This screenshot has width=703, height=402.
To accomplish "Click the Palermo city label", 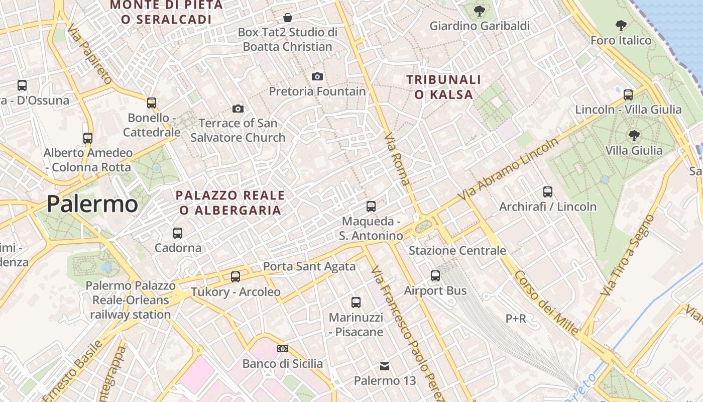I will [x=92, y=204].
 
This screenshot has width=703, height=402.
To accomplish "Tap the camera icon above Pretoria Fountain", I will [x=317, y=76].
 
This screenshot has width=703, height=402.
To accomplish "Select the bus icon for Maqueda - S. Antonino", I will [x=371, y=206].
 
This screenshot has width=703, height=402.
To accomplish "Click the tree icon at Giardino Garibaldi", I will [x=480, y=11].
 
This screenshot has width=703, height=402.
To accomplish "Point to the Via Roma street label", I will [x=397, y=159].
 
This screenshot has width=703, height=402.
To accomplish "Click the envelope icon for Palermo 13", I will [x=385, y=366].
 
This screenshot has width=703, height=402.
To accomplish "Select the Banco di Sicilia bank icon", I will [x=283, y=349].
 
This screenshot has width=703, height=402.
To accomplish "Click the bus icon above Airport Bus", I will [x=435, y=275].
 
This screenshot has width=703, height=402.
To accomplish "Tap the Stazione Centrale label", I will [x=457, y=250].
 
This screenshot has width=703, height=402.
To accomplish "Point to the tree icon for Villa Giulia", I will [x=634, y=135].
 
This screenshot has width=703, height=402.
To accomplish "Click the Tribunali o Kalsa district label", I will [x=443, y=87].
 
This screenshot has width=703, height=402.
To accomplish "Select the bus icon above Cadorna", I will [x=177, y=233].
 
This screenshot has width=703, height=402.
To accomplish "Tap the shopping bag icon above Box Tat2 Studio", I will [x=288, y=18].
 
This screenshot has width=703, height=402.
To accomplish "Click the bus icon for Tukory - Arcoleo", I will [x=235, y=276].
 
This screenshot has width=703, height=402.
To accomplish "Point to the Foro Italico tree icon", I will [x=621, y=25].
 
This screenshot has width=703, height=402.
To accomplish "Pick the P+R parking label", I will [x=516, y=319].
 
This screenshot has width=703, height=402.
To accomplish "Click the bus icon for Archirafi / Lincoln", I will [x=547, y=191].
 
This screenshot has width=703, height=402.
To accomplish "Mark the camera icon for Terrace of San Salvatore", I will [x=238, y=109].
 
